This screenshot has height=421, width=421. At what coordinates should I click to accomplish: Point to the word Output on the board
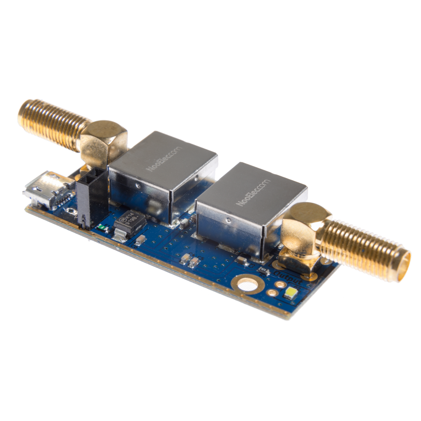[x=288, y=277]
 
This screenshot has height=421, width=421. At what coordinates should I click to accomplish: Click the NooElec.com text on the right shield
[x=253, y=192]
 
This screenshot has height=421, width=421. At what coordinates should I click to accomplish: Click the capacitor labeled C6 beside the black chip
[x=141, y=240]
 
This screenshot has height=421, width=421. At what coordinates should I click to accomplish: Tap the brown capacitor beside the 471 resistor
[x=241, y=261]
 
